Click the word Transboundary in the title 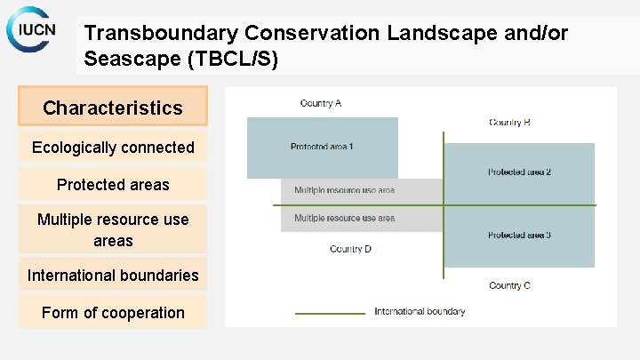(161, 34)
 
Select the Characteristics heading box (113, 108)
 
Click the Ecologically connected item (113, 148)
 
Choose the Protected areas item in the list (113, 184)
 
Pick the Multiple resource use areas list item (113, 229)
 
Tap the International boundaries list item (113, 275)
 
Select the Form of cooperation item (113, 312)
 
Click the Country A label (321, 103)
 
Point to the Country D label (350, 249)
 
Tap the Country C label (509, 285)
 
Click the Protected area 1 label (321, 147)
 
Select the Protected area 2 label (519, 172)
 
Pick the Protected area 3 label (519, 235)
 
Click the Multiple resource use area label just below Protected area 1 (344, 190)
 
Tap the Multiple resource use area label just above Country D (344, 218)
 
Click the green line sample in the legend (330, 312)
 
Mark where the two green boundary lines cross (444, 205)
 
